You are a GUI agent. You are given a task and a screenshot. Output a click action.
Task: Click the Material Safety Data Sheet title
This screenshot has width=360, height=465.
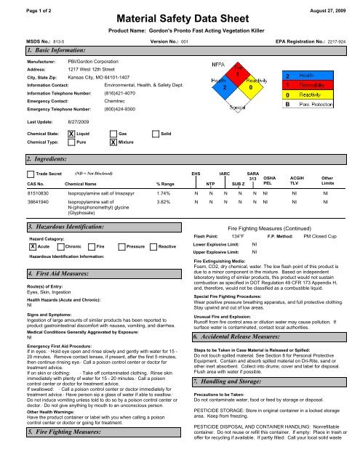(180, 17)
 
